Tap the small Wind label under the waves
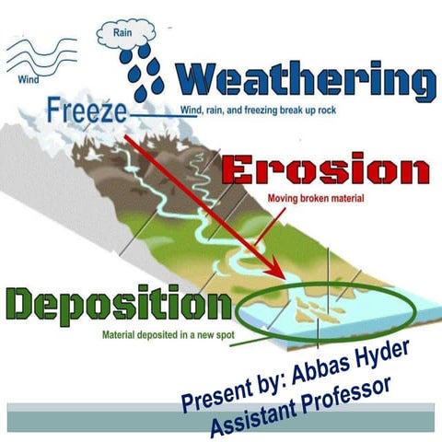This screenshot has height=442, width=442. pyautogui.click(x=29, y=79)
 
